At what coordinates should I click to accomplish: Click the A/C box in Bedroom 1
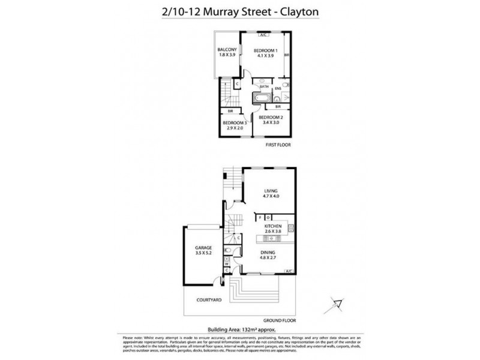coord(263,35)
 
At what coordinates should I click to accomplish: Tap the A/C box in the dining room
coord(289,270)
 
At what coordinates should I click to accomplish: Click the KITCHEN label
coord(272,225)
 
